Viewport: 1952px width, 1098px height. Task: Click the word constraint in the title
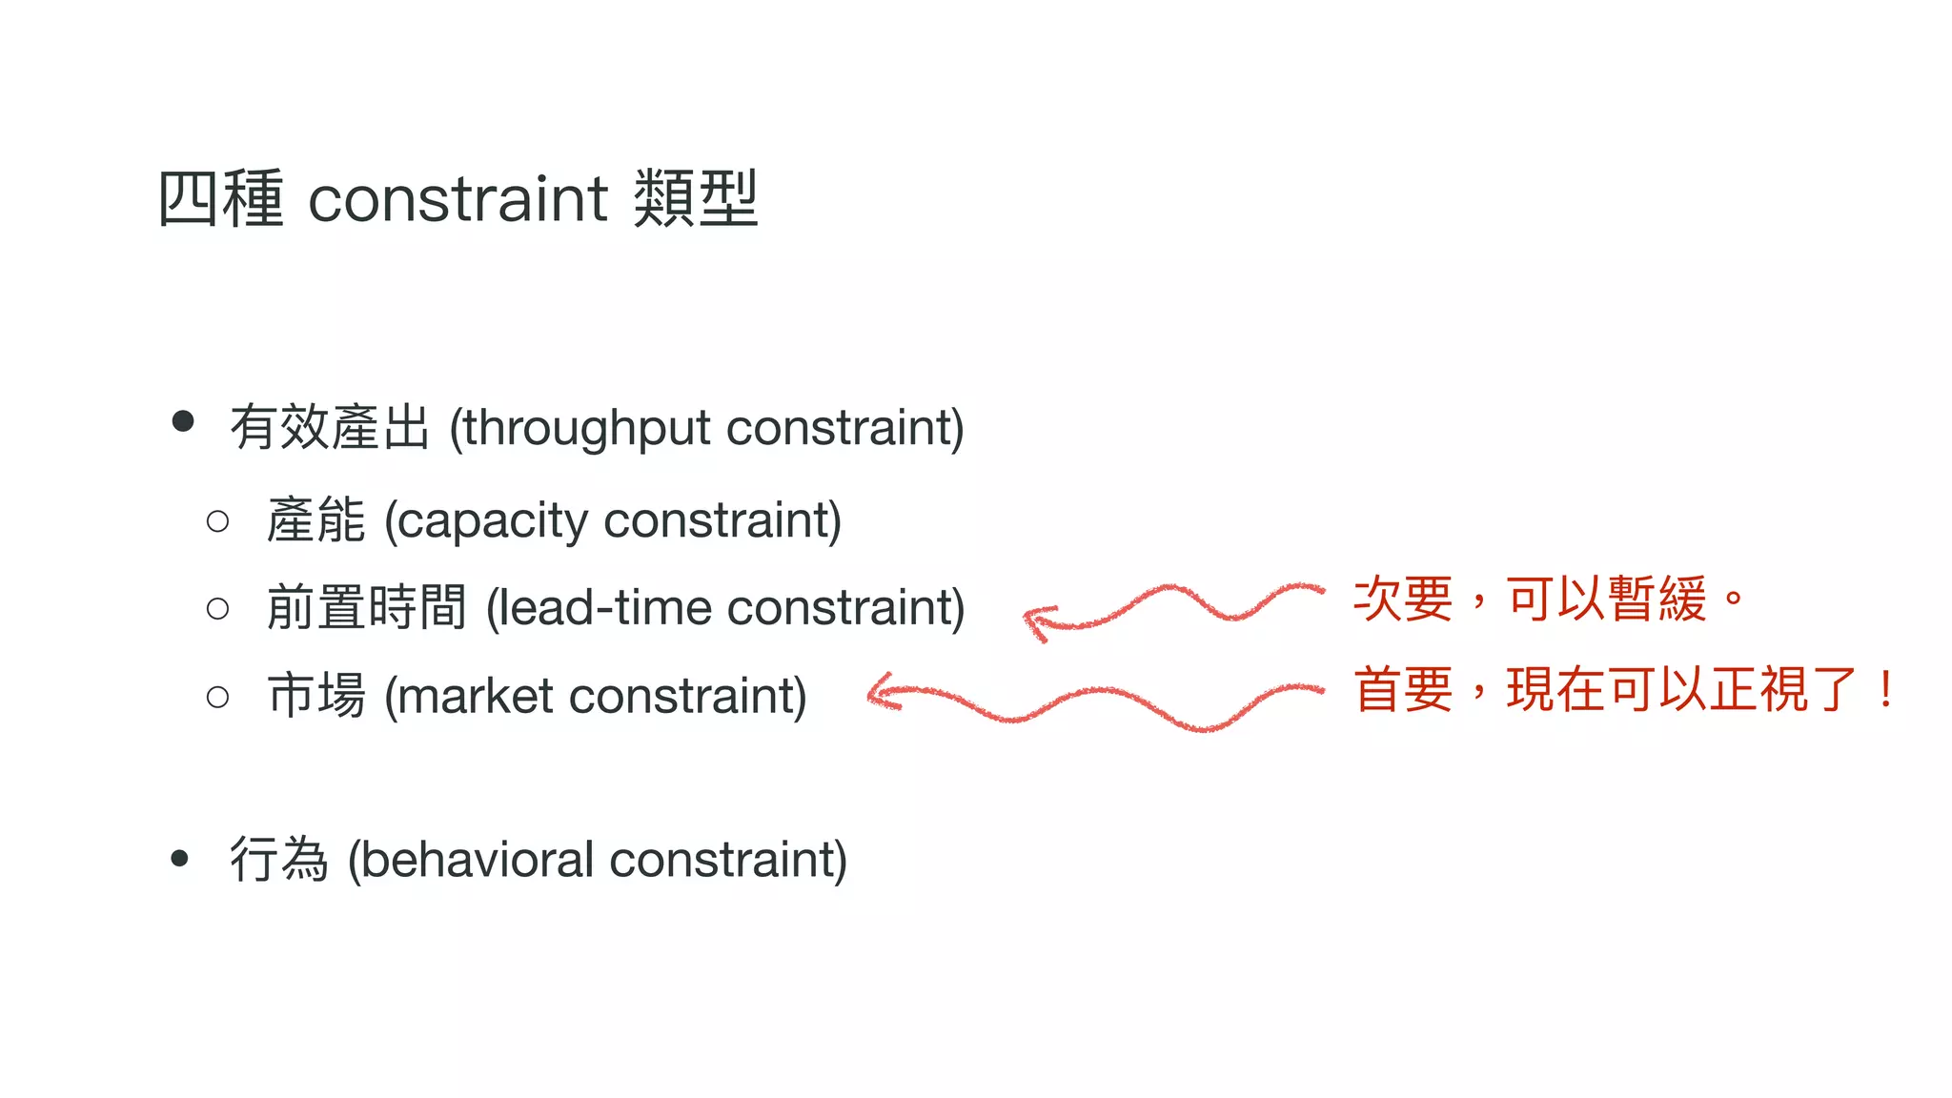click(x=457, y=199)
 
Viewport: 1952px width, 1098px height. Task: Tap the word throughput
click(x=587, y=428)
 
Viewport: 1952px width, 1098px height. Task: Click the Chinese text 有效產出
click(x=330, y=427)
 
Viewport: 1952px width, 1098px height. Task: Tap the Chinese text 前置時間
click(x=366, y=607)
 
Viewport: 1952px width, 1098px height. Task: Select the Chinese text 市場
click(x=316, y=695)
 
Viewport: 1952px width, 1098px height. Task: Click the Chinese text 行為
click(x=278, y=859)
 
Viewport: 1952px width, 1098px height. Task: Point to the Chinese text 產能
click(x=315, y=520)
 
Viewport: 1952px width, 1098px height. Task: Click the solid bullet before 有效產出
click(x=183, y=421)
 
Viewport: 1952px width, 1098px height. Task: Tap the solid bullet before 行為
click(x=180, y=859)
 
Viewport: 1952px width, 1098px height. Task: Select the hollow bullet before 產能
click(x=217, y=521)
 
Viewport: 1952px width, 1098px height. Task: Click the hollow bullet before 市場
click(x=217, y=697)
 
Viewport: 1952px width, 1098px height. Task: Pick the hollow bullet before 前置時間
click(x=217, y=608)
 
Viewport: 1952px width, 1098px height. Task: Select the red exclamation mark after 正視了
click(x=1885, y=689)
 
